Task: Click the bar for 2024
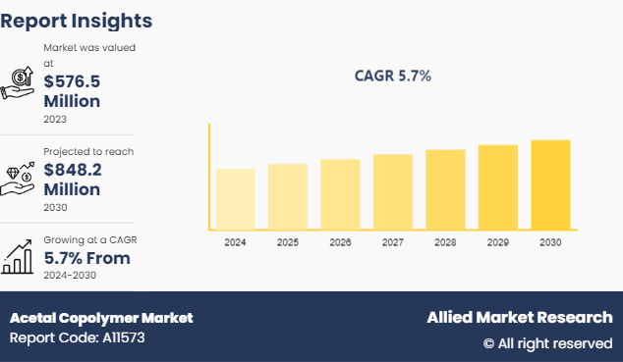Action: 235,198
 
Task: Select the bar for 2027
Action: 393,191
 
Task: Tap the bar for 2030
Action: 550,184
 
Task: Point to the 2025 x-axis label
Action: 288,241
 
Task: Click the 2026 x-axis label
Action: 340,241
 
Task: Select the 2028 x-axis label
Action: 445,241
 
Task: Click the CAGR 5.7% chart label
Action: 393,76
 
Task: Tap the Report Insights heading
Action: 77,20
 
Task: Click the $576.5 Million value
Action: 72,90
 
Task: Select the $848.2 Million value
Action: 72,179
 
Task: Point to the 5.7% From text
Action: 86,258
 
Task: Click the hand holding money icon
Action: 19,83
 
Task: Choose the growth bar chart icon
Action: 19,256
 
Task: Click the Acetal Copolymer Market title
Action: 101,318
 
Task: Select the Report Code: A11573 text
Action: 78,338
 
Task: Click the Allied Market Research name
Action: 519,318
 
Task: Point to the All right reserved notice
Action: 546,343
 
